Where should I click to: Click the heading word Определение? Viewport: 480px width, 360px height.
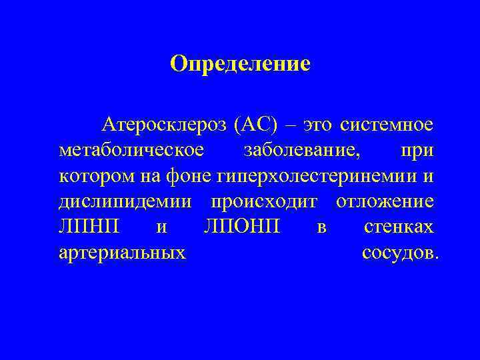point(240,64)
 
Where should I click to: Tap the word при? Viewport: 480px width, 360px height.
point(417,150)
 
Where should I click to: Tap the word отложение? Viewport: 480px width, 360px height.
point(385,201)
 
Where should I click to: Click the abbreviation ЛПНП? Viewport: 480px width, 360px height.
point(89,227)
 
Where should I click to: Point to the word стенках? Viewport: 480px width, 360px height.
point(399,227)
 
